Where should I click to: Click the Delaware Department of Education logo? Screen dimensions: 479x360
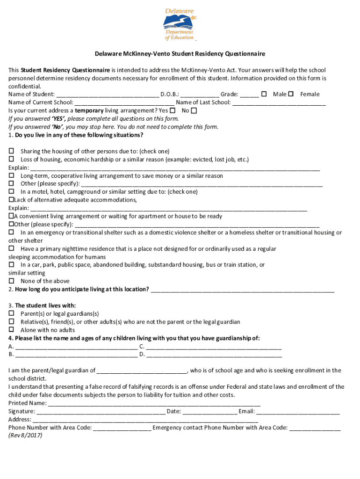(x=180, y=24)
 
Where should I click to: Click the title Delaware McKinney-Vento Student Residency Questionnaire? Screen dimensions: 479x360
(x=180, y=54)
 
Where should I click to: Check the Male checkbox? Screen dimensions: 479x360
(x=264, y=94)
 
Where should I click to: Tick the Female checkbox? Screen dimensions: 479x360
(x=291, y=94)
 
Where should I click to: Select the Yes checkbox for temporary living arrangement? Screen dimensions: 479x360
(x=173, y=110)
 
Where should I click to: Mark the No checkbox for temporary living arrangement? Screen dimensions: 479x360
(x=194, y=110)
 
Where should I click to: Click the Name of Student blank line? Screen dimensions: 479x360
(x=107, y=95)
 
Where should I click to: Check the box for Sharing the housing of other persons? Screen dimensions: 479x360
(x=11, y=152)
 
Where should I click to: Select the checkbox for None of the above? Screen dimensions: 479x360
(x=11, y=281)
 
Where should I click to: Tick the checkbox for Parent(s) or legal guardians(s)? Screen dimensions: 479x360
(x=11, y=314)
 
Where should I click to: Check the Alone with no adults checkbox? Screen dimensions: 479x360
(x=11, y=330)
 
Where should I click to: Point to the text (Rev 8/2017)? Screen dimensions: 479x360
(x=25, y=435)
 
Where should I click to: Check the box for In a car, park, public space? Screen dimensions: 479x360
(x=11, y=265)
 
